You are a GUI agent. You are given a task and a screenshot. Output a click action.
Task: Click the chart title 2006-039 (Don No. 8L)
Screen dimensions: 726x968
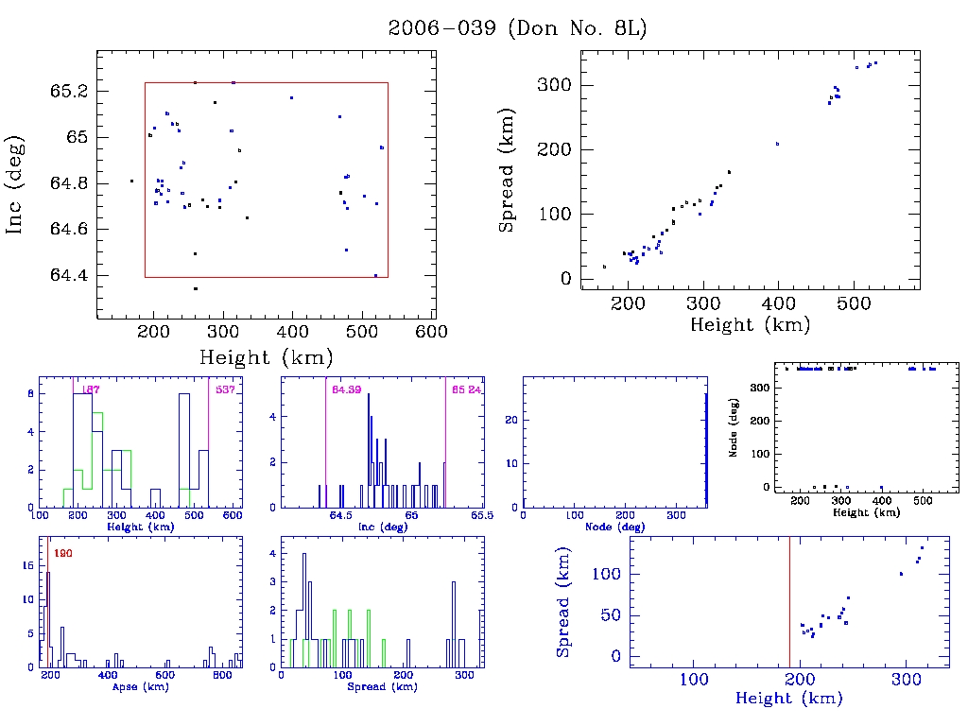517,28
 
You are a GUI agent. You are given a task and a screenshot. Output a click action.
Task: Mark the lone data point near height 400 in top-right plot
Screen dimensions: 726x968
777,144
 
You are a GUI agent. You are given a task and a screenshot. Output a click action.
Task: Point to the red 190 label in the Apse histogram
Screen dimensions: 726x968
62,553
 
